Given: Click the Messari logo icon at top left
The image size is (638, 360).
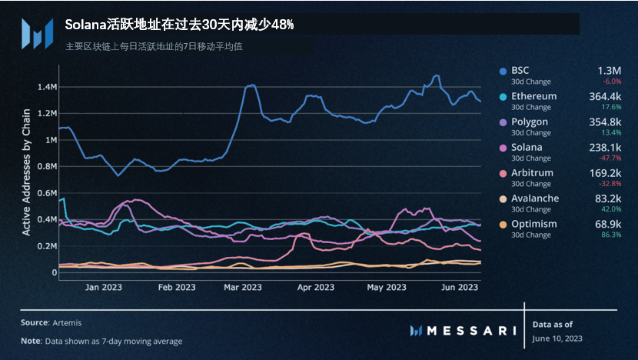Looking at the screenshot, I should pyautogui.click(x=35, y=33).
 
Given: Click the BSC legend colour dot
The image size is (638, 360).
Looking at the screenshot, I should pyautogui.click(x=503, y=70).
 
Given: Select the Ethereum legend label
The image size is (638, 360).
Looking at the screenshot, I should pyautogui.click(x=535, y=96).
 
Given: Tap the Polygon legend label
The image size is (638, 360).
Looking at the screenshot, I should pyautogui.click(x=530, y=122).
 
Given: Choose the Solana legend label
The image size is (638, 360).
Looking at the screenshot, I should pyautogui.click(x=528, y=147).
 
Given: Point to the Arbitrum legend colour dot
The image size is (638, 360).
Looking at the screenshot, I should pyautogui.click(x=503, y=173).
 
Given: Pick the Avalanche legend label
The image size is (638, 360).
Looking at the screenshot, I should pyautogui.click(x=537, y=198).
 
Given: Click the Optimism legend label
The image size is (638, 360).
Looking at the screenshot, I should pyautogui.click(x=535, y=224).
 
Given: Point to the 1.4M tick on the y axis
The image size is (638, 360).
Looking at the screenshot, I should pyautogui.click(x=47, y=87).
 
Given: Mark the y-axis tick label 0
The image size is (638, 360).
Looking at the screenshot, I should pyautogui.click(x=54, y=272).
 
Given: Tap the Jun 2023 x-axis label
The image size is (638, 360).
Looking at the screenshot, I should pyautogui.click(x=460, y=288).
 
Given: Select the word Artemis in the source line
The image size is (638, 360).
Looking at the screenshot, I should pyautogui.click(x=68, y=322).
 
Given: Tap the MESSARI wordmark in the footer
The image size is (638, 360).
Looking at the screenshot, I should pyautogui.click(x=470, y=331).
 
